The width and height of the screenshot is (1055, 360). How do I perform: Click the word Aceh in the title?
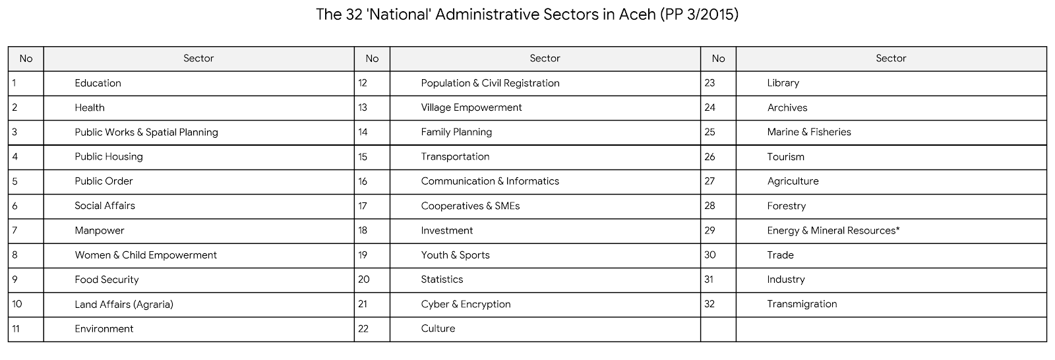coord(636,15)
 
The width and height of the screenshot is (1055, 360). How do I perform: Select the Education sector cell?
coord(98,83)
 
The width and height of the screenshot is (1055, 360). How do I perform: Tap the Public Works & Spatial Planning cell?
coord(146,132)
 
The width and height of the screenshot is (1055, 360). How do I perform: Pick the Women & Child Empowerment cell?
coord(145,255)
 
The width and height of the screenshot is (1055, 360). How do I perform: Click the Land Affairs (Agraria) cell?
coord(123,304)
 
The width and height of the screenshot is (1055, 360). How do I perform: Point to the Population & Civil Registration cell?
coord(490,83)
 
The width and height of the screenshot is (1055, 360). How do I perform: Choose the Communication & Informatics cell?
coord(489,181)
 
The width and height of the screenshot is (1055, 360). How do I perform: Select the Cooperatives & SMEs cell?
coord(470,206)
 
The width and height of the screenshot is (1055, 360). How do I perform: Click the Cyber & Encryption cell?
coord(466,304)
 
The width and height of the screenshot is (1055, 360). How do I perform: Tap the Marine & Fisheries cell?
coord(808,132)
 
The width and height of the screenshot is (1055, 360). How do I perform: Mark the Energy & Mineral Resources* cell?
coord(833,230)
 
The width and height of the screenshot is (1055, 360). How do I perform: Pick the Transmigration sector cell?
coord(802,304)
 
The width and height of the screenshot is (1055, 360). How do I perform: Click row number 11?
coord(16,328)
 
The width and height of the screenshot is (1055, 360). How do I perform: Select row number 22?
coord(363,328)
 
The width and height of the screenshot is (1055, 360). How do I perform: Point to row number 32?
coord(709,304)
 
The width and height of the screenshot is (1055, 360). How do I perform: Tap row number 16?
coord(363,181)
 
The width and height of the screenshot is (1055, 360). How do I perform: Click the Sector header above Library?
coord(891,59)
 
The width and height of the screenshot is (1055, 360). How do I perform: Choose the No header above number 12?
coord(372,59)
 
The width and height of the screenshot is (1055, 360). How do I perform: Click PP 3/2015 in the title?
coord(698,15)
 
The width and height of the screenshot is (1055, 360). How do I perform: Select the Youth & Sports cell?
coord(455,255)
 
